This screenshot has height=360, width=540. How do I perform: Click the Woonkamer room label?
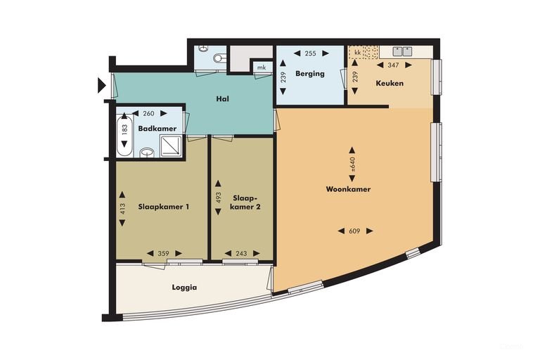[348, 189]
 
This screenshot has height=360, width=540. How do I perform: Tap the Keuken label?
[390, 83]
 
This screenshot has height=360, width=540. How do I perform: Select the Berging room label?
[310, 73]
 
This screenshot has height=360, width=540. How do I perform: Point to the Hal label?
[222, 99]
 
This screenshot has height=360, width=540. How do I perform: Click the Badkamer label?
[157, 129]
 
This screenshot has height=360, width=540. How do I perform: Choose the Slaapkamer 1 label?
[164, 207]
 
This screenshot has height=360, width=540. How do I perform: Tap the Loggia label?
[185, 288]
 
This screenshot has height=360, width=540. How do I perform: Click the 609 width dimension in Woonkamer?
[354, 231]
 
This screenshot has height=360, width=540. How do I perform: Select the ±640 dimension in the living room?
[352, 165]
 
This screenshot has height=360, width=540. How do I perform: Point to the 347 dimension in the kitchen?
[393, 65]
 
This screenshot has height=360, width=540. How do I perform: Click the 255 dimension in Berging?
[310, 53]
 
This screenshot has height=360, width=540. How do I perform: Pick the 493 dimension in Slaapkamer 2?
[218, 198]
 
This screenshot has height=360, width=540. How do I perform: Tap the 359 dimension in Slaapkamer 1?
[164, 254]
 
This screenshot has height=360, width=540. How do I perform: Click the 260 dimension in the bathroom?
[148, 113]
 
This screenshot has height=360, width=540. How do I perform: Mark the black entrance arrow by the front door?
[101, 86]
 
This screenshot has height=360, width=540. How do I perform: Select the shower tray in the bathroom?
[170, 146]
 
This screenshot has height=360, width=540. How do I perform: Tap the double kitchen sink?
[403, 51]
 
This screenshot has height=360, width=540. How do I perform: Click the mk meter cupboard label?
[262, 67]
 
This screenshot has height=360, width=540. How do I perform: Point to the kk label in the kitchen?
[357, 53]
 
